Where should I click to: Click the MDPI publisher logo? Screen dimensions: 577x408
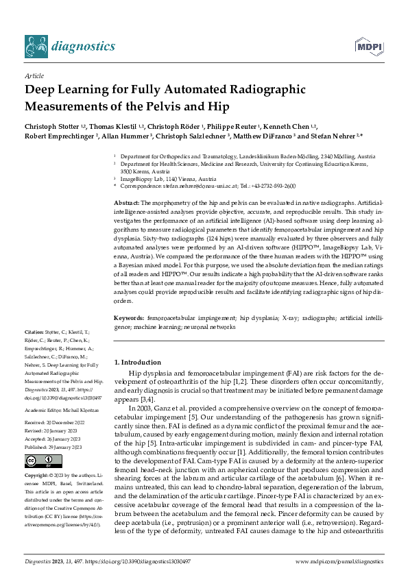[368, 47]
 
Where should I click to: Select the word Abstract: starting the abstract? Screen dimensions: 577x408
[126, 204]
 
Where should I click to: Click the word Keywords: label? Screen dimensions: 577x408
[128, 319]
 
